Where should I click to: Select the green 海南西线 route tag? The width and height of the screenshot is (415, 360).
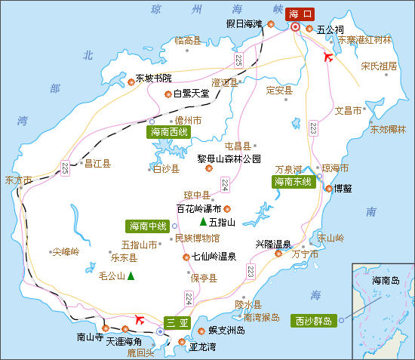coord(169,132)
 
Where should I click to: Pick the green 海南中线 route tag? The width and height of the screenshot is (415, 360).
coord(147,225)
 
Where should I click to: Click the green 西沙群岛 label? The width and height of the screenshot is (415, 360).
coord(313,321)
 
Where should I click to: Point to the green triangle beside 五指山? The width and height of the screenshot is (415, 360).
coord(203,222)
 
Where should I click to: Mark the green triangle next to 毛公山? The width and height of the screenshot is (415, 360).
coord(131,276)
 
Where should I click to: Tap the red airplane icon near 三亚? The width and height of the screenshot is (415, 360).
coord(139,319)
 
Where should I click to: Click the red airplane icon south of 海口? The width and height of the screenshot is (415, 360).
coord(327,57)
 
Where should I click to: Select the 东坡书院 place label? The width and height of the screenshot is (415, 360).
coord(153,78)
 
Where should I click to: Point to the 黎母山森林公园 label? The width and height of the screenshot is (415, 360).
coord(229,158)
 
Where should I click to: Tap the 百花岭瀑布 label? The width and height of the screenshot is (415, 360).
coord(198,209)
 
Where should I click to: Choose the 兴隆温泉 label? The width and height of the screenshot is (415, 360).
coord(273,244)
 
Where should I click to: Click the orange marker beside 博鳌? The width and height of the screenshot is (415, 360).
coord(328,188)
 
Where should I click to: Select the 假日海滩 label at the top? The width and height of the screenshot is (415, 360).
coord(244,24)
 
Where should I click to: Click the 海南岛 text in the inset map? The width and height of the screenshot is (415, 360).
coord(387,280)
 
